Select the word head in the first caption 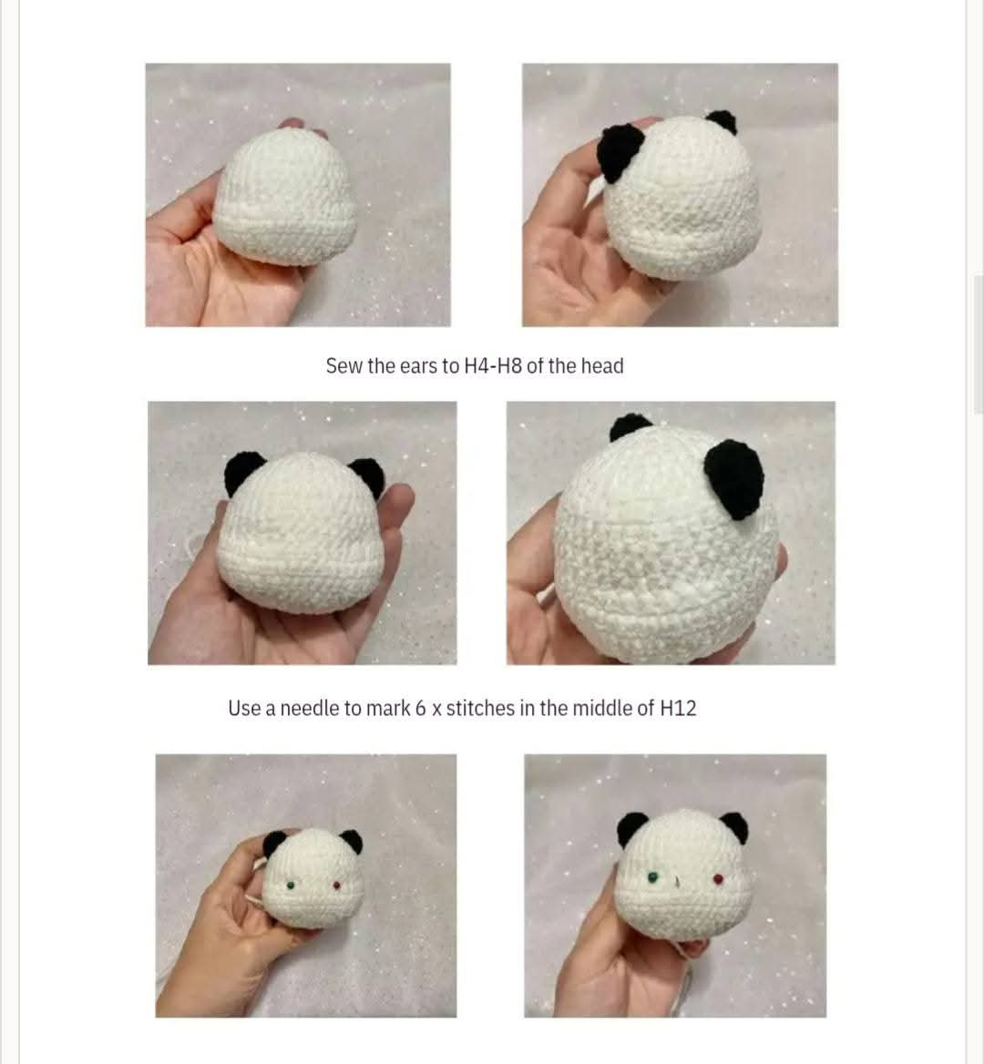pyautogui.click(x=601, y=366)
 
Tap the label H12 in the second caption pyautogui.click(x=678, y=709)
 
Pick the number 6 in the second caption pyautogui.click(x=421, y=709)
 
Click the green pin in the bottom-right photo pyautogui.click(x=652, y=877)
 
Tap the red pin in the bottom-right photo pyautogui.click(x=718, y=879)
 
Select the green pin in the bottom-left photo pyautogui.click(x=290, y=885)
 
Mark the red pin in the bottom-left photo pyautogui.click(x=337, y=885)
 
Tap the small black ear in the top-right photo pyautogui.click(x=722, y=121)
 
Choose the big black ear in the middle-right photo pyautogui.click(x=733, y=477)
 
